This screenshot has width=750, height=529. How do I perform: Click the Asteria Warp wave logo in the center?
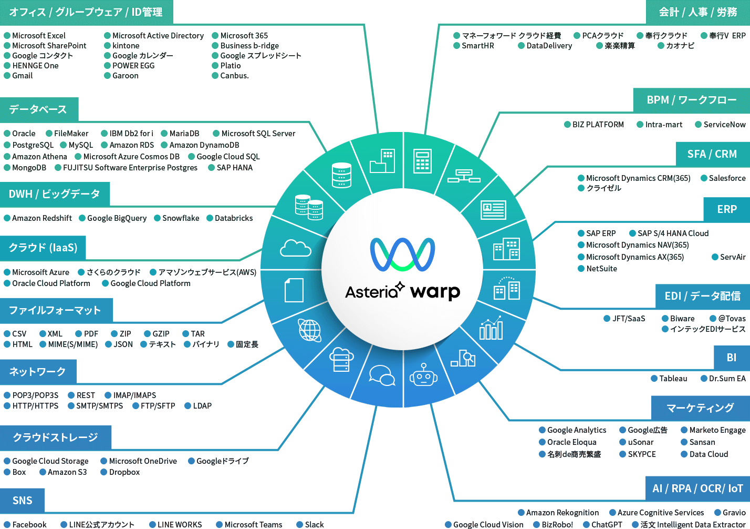pos(402,254)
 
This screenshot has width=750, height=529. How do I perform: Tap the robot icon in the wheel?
pos(423,375)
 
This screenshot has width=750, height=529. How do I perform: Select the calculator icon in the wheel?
pos(422,161)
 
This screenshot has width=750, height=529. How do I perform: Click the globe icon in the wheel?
pos(310,330)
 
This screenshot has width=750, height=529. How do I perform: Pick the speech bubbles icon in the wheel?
pos(382,375)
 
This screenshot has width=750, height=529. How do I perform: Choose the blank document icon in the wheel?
pos(294,290)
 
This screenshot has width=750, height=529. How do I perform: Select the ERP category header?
pos(726,209)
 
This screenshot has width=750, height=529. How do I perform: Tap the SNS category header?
pos(22,501)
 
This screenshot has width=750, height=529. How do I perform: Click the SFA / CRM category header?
pos(712,154)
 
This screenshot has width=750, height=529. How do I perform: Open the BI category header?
pos(731,358)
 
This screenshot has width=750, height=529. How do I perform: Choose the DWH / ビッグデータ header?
pos(54,194)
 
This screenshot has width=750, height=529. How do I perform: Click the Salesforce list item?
pos(727,178)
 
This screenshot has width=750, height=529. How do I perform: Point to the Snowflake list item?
pos(180,218)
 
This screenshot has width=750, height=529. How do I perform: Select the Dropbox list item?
pos(124,472)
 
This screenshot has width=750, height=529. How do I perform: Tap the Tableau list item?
pos(673,379)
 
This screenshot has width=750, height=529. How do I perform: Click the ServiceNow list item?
pos(724,125)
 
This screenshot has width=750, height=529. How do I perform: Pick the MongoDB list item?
pos(29,168)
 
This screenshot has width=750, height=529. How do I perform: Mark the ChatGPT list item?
pos(606,525)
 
